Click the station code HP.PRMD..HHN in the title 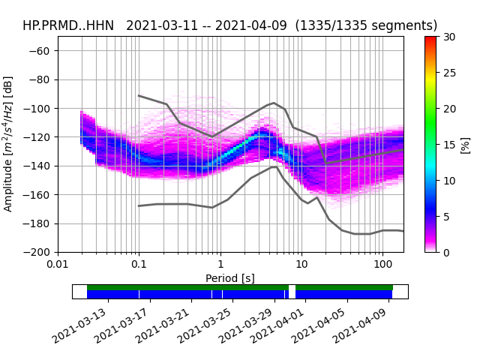click(x=68, y=25)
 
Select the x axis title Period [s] click(x=230, y=278)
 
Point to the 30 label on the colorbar click(x=449, y=37)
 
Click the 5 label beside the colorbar click(x=446, y=217)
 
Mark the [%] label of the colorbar click(x=465, y=144)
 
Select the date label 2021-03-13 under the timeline click(x=80, y=325)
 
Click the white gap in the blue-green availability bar click(x=292, y=291)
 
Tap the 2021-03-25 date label click(x=202, y=325)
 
